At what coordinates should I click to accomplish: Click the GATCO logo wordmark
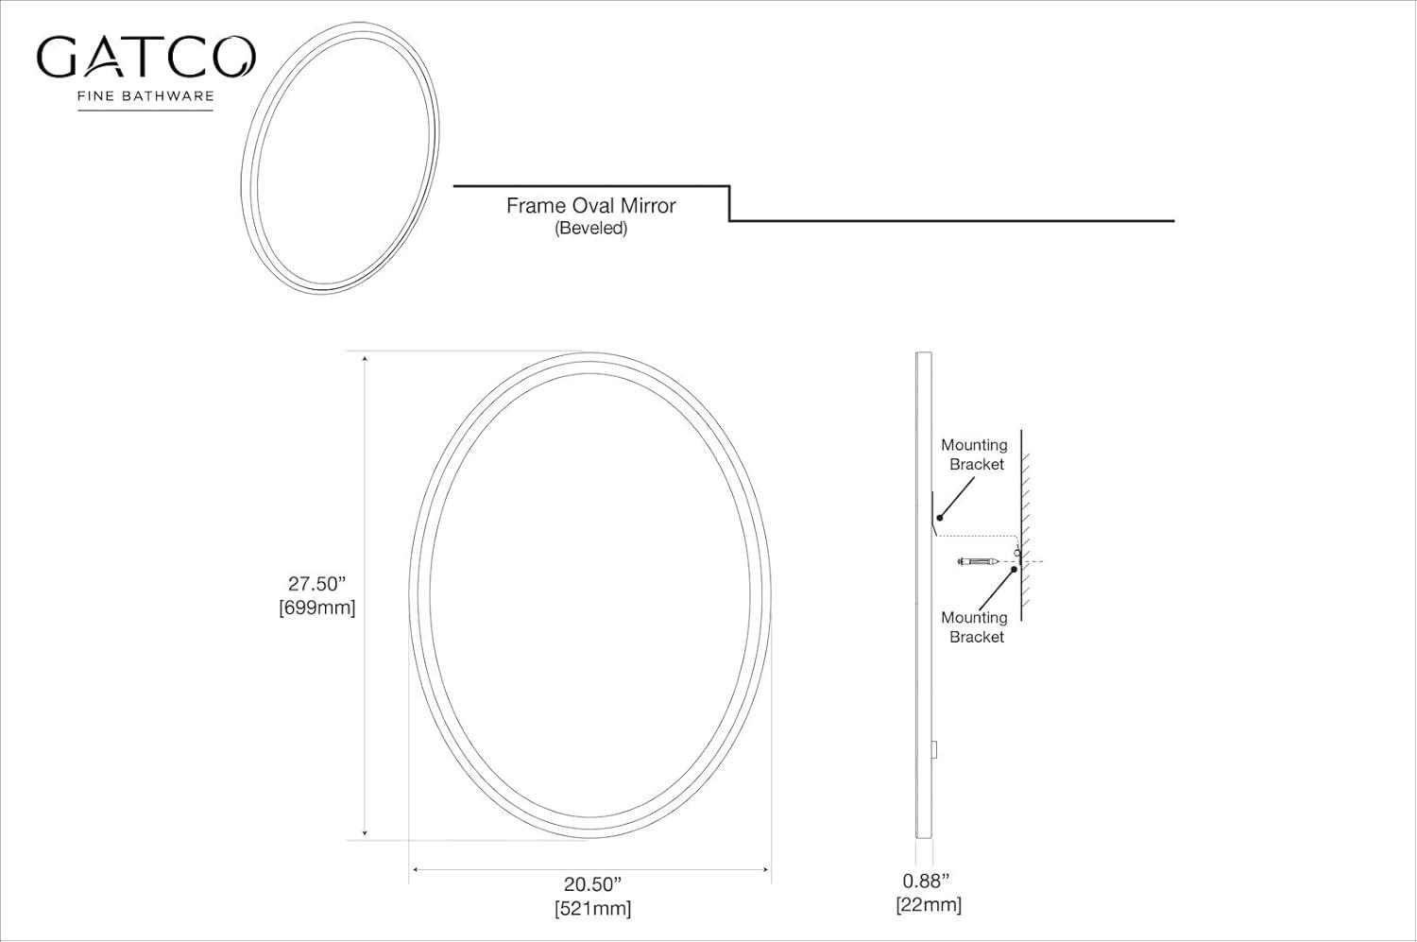[145, 58]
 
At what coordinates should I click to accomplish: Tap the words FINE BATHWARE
[145, 95]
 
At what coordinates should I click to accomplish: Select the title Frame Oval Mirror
[590, 206]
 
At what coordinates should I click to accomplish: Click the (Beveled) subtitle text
[590, 229]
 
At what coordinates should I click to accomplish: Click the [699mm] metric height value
[317, 608]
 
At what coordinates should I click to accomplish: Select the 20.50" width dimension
[592, 884]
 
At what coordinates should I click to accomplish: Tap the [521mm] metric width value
[592, 908]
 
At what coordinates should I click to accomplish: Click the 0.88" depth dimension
[926, 881]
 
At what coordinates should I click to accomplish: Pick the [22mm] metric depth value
[929, 904]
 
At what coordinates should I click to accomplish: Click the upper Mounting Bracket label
[975, 454]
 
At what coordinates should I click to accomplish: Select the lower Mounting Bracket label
[975, 627]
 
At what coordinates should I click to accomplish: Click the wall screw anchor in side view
[979, 562]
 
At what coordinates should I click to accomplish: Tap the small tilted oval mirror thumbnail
[340, 158]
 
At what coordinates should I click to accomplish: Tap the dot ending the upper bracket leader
[940, 518]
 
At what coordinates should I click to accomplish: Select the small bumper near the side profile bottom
[935, 749]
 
